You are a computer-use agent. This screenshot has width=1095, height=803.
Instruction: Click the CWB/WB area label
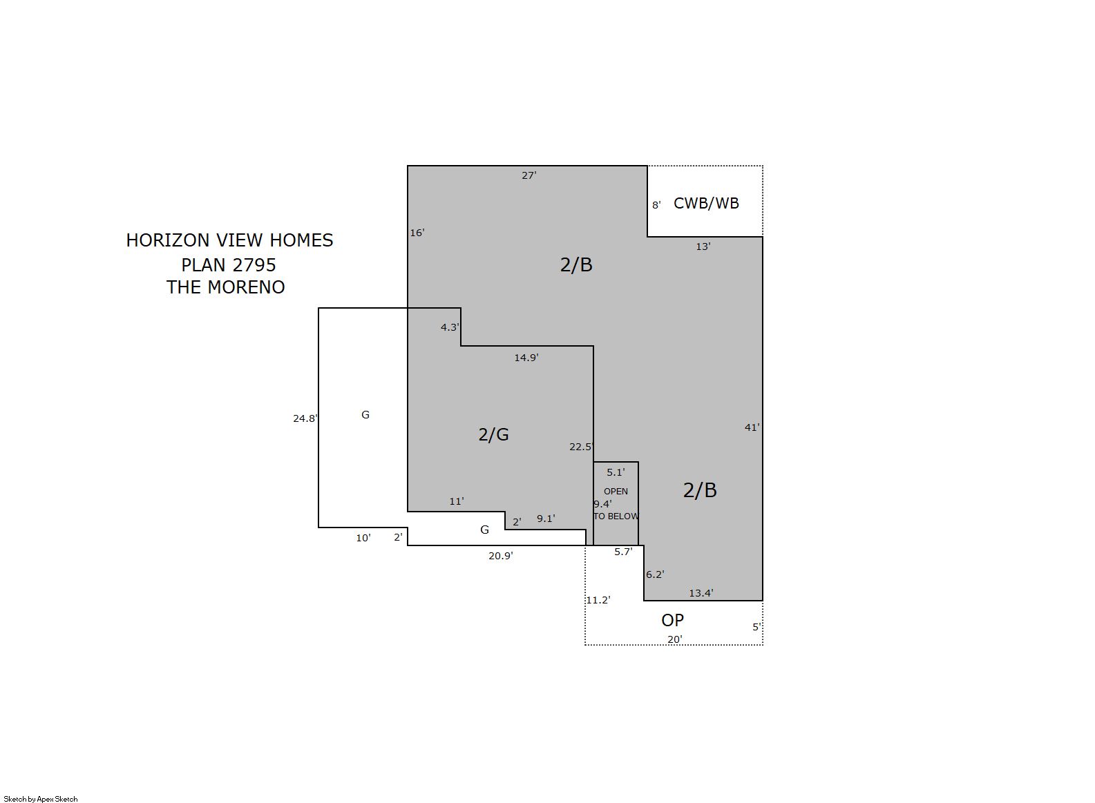pyautogui.click(x=706, y=203)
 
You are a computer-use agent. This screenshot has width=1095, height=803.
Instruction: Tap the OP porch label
pyautogui.click(x=672, y=620)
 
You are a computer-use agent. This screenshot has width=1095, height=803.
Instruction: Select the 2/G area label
pyautogui.click(x=493, y=434)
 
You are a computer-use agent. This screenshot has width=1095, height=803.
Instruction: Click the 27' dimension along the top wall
pyautogui.click(x=529, y=175)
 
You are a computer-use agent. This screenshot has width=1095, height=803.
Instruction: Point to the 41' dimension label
pyautogui.click(x=752, y=427)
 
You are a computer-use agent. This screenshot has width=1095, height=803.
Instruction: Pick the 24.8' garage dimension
pyautogui.click(x=305, y=418)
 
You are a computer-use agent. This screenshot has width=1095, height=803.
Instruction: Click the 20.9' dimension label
pyautogui.click(x=501, y=556)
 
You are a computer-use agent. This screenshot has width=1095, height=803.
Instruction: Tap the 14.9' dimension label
pyautogui.click(x=526, y=358)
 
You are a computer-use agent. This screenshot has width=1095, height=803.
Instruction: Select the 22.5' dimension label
pyautogui.click(x=581, y=447)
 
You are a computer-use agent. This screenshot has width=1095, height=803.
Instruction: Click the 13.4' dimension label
pyautogui.click(x=701, y=593)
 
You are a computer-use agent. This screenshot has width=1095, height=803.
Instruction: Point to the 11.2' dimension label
pyautogui.click(x=598, y=600)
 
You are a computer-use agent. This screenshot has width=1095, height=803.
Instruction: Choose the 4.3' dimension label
pyautogui.click(x=450, y=327)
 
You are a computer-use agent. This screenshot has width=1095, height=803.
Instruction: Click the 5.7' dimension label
pyautogui.click(x=623, y=552)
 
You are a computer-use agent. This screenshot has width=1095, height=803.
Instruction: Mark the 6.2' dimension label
pyautogui.click(x=655, y=574)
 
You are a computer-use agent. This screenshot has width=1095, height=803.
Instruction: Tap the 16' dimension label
pyautogui.click(x=417, y=233)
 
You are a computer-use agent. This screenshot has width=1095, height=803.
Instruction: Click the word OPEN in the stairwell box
pyautogui.click(x=616, y=492)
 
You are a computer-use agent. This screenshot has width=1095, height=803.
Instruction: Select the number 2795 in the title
pyautogui.click(x=254, y=265)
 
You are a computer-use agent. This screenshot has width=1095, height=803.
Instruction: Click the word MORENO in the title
pyautogui.click(x=247, y=287)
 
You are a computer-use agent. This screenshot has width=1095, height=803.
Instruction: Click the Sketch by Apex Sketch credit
pyautogui.click(x=41, y=799)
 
